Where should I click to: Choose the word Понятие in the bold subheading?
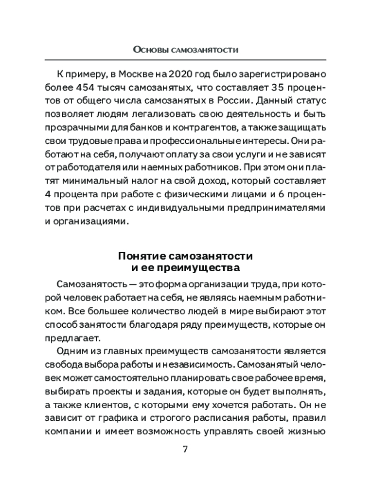(138, 256)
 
